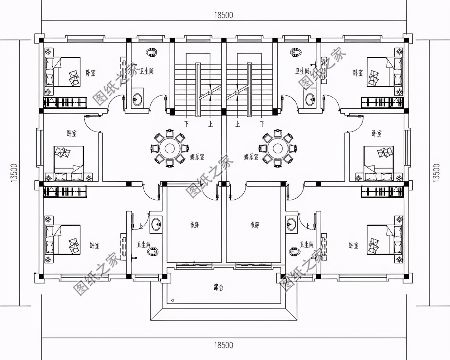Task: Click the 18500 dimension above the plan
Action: [x=224, y=15]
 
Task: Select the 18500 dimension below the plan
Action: [x=224, y=345]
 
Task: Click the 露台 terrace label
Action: [x=218, y=288]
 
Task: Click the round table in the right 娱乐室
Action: [x=277, y=148]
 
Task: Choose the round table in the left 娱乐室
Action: [x=169, y=148]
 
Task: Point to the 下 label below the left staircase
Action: [x=187, y=123]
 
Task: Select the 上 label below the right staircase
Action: [x=238, y=123]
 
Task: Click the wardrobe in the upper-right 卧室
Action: [x=382, y=102]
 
